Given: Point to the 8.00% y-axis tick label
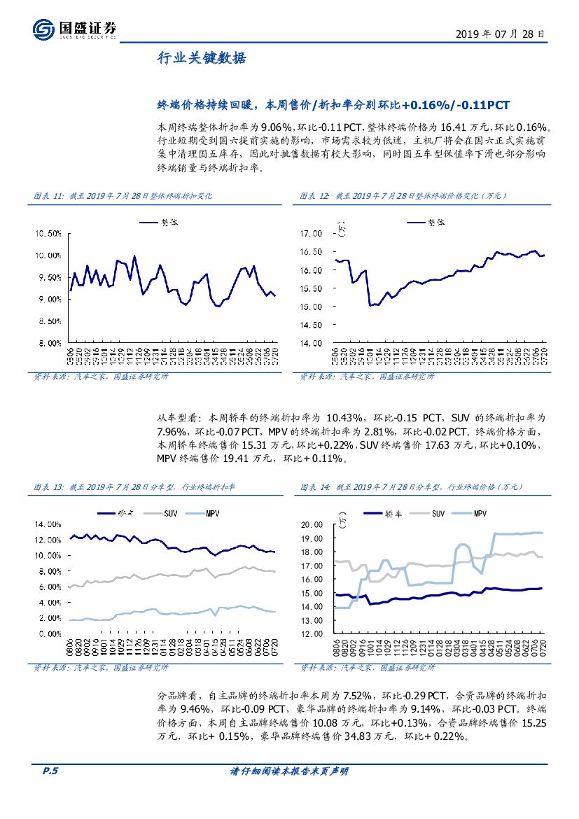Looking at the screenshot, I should point(50,343).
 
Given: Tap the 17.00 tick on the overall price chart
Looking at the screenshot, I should point(310,233).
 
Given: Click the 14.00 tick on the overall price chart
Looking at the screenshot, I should point(310,343).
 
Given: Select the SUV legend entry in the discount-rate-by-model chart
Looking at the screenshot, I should point(165,513).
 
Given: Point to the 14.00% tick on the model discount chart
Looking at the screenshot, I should point(48,524).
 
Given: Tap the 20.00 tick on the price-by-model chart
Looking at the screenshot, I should point(310,524).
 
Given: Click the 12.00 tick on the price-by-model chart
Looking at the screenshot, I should point(310,633).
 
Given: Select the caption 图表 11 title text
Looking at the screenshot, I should point(123,196).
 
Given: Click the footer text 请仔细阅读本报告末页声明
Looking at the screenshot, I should point(289,771).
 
